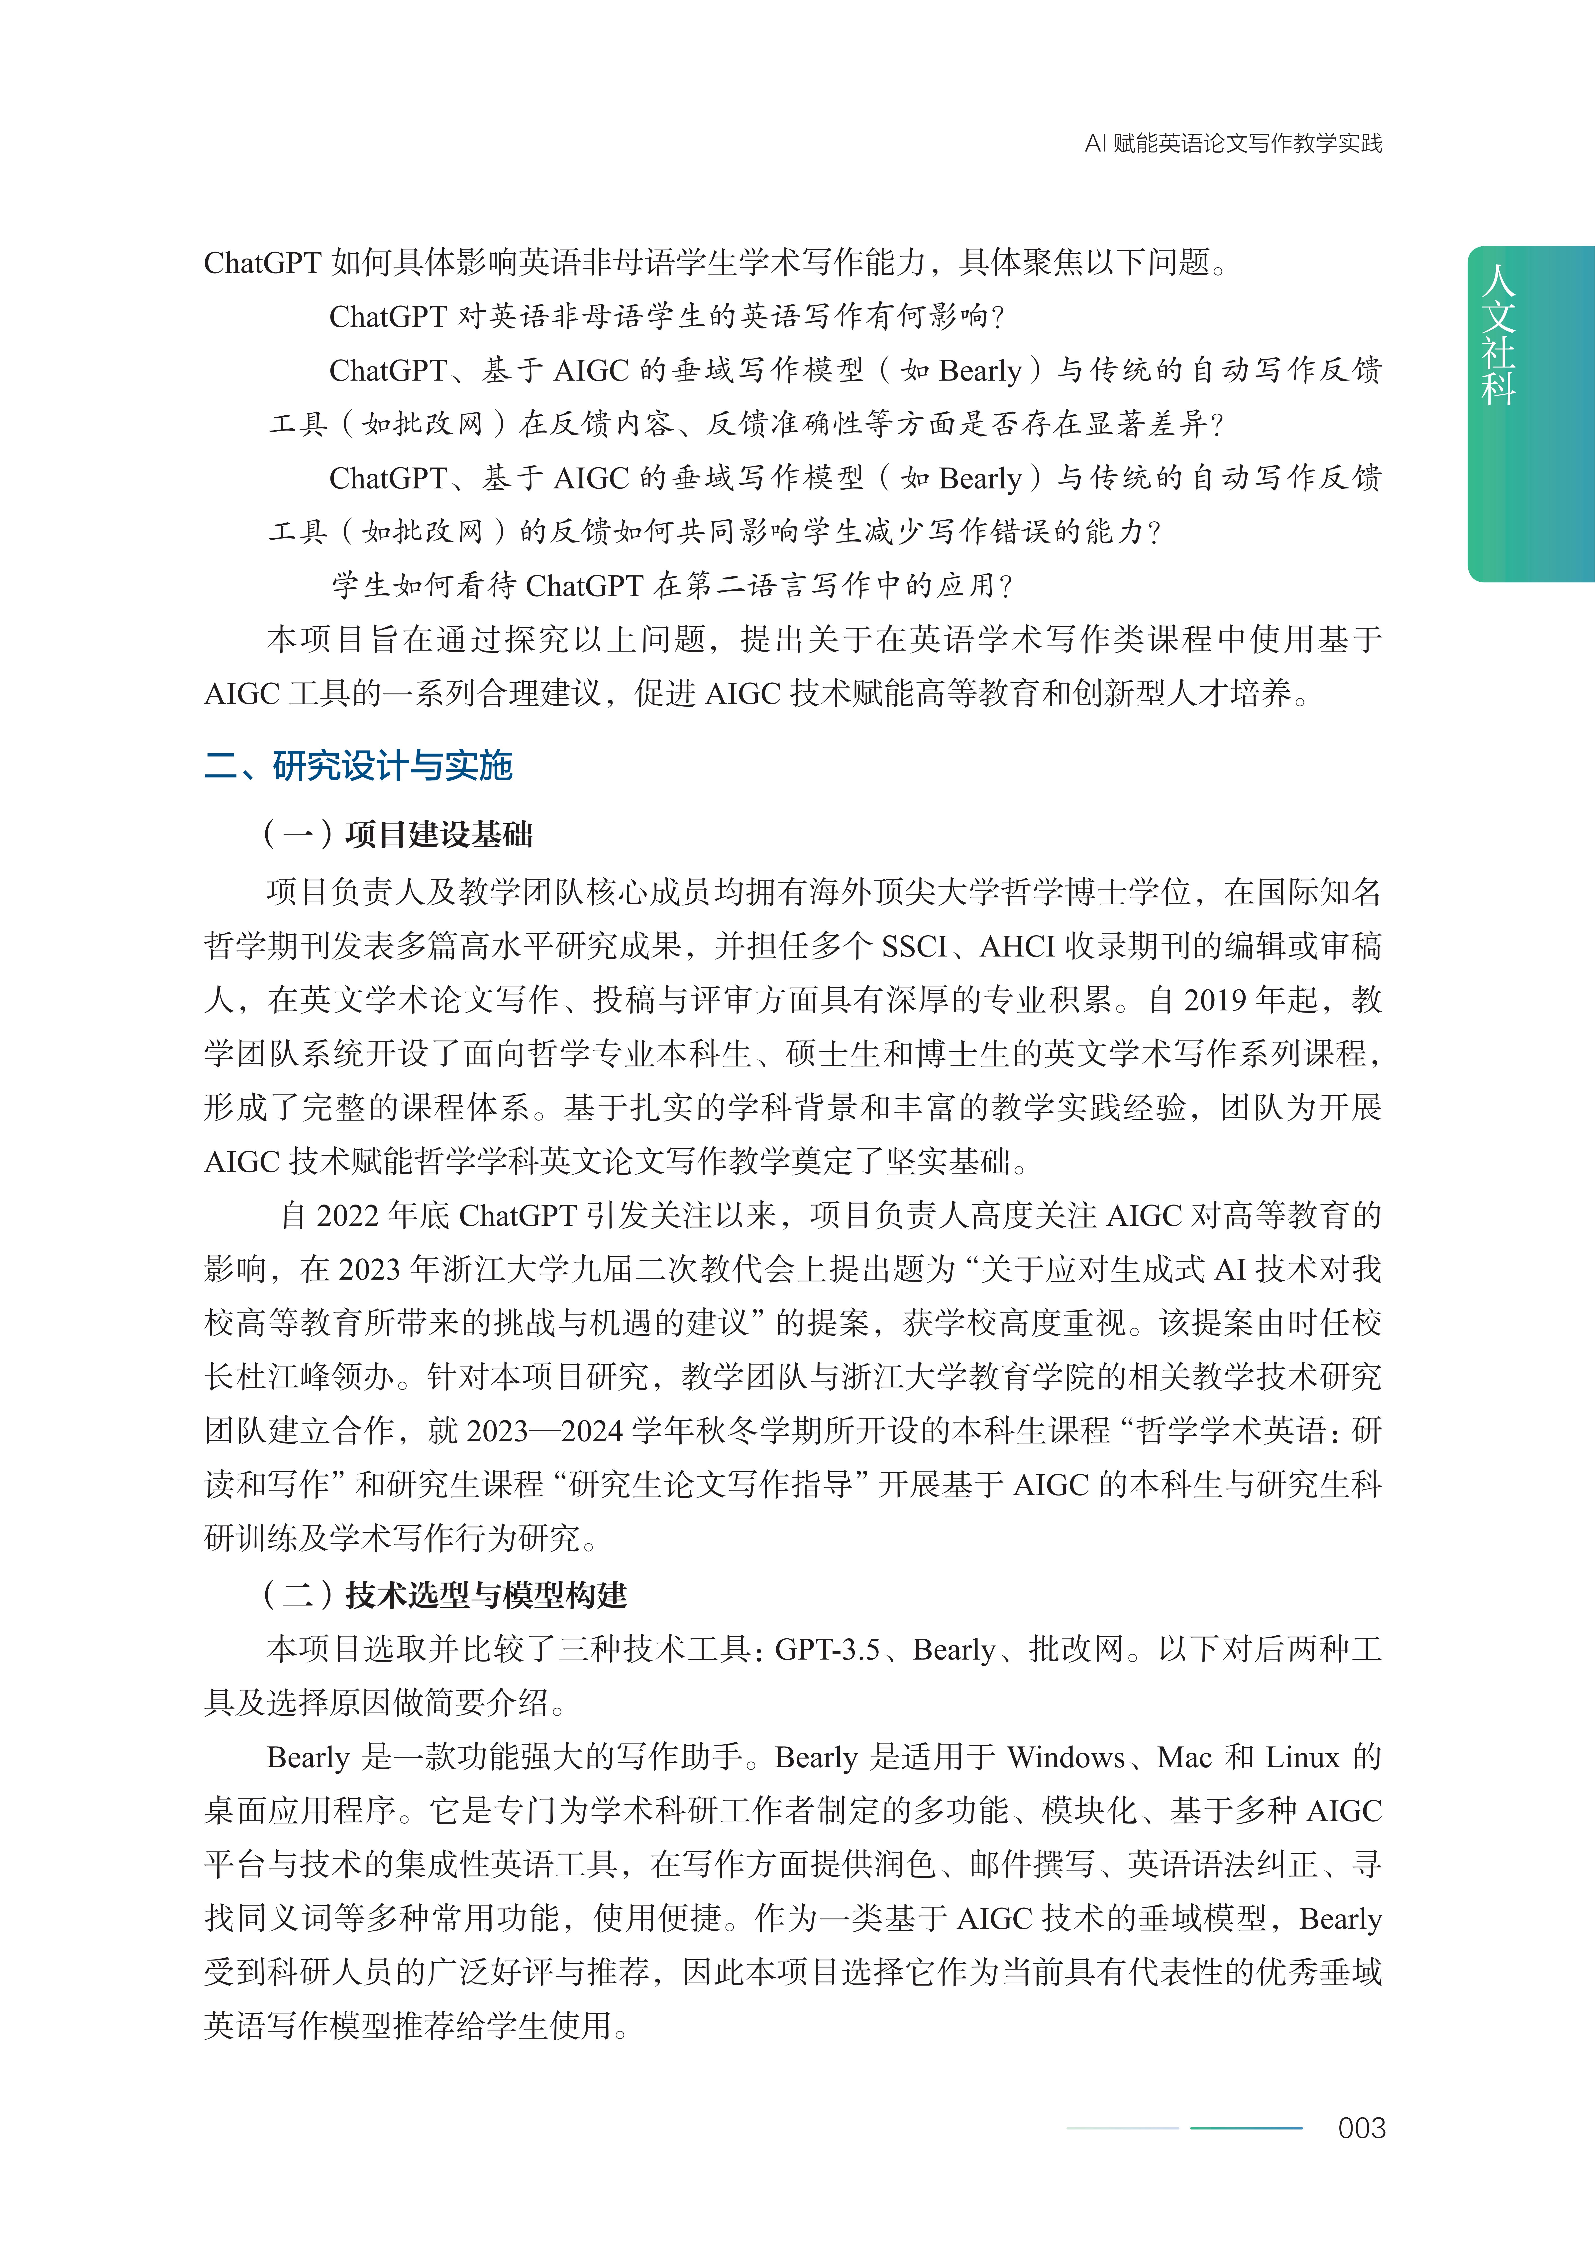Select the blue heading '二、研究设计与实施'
click(x=359, y=765)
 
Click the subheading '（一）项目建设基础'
click(x=398, y=834)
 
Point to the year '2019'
click(x=1216, y=1000)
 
